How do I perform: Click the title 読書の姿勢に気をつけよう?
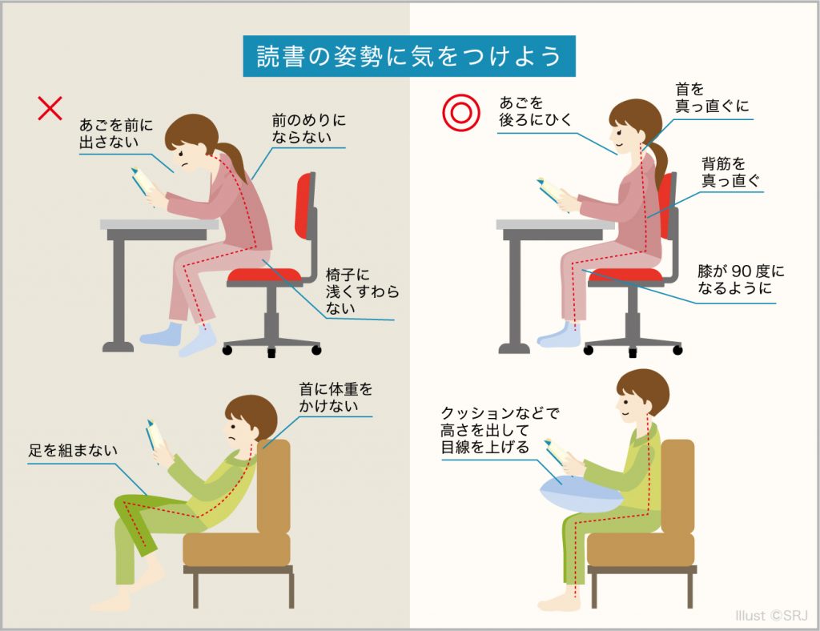[409, 56]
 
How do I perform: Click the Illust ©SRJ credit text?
[771, 615]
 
